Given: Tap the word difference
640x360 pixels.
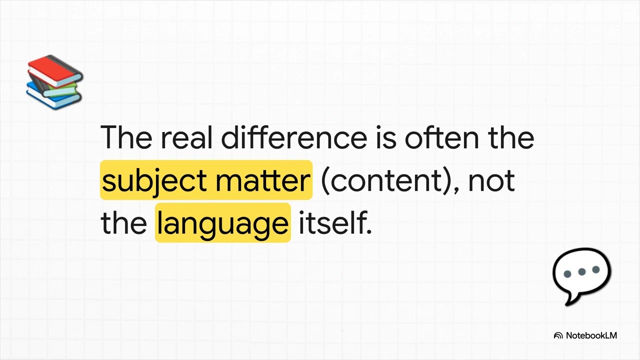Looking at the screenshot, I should (x=294, y=137).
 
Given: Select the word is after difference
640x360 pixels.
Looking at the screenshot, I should (x=385, y=137).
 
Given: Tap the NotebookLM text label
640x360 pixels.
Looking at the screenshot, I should (x=591, y=335).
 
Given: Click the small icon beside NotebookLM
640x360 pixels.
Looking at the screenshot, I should (x=558, y=336).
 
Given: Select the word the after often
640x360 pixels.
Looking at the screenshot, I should (x=511, y=137).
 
